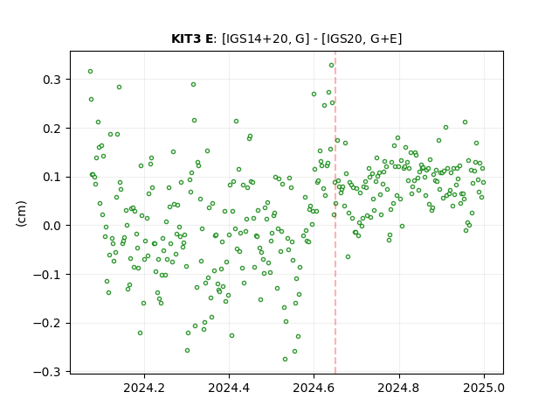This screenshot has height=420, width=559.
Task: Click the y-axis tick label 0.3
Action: pyautogui.click(x=52, y=80)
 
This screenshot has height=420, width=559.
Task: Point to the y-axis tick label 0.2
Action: pyautogui.click(x=52, y=129)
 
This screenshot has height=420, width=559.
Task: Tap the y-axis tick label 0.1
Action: pyautogui.click(x=52, y=177)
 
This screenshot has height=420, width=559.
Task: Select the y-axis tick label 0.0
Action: pyautogui.click(x=52, y=226)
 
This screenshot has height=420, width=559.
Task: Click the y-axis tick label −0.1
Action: pyautogui.click(x=47, y=275)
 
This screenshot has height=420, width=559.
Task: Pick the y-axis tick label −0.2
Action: pyautogui.click(x=47, y=324)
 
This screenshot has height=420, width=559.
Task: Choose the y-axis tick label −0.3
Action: pyautogui.click(x=47, y=372)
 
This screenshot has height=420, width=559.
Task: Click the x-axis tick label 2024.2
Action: pyautogui.click(x=144, y=388)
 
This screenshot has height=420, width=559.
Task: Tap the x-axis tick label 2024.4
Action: pyautogui.click(x=229, y=388)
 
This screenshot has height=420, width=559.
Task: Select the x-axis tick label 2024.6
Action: pyautogui.click(x=314, y=388)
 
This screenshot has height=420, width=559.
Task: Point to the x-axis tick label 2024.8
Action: pyautogui.click(x=398, y=388)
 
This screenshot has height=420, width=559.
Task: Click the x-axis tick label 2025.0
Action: pyautogui.click(x=484, y=388)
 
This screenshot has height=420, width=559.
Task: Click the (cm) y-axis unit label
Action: pyautogui.click(x=21, y=213)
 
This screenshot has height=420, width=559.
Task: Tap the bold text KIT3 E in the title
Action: pyautogui.click(x=192, y=38)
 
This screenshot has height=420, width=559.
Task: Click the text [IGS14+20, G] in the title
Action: pyautogui.click(x=266, y=38)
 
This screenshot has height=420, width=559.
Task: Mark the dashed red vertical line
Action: pyautogui.click(x=335, y=213)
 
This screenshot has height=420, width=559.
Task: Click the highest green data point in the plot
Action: pyautogui.click(x=331, y=66)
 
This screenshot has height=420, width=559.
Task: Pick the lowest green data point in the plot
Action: pyautogui.click(x=285, y=359)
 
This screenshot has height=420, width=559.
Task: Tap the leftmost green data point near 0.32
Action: pyautogui.click(x=90, y=72)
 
